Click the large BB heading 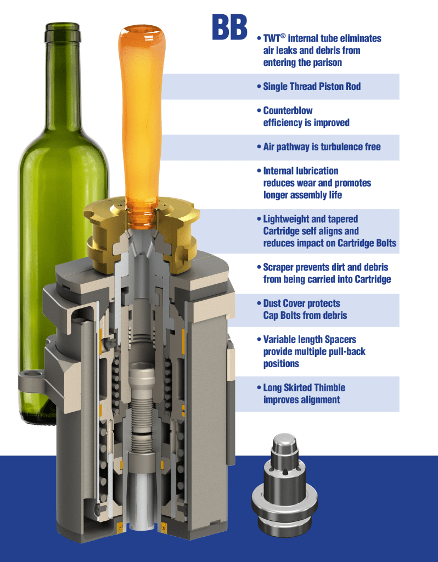pyautogui.click(x=229, y=27)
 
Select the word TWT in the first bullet pyautogui.click(x=272, y=38)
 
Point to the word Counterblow pyautogui.click(x=288, y=110)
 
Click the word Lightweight pyautogui.click(x=287, y=219)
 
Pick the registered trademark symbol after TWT pyautogui.click(x=283, y=36)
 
